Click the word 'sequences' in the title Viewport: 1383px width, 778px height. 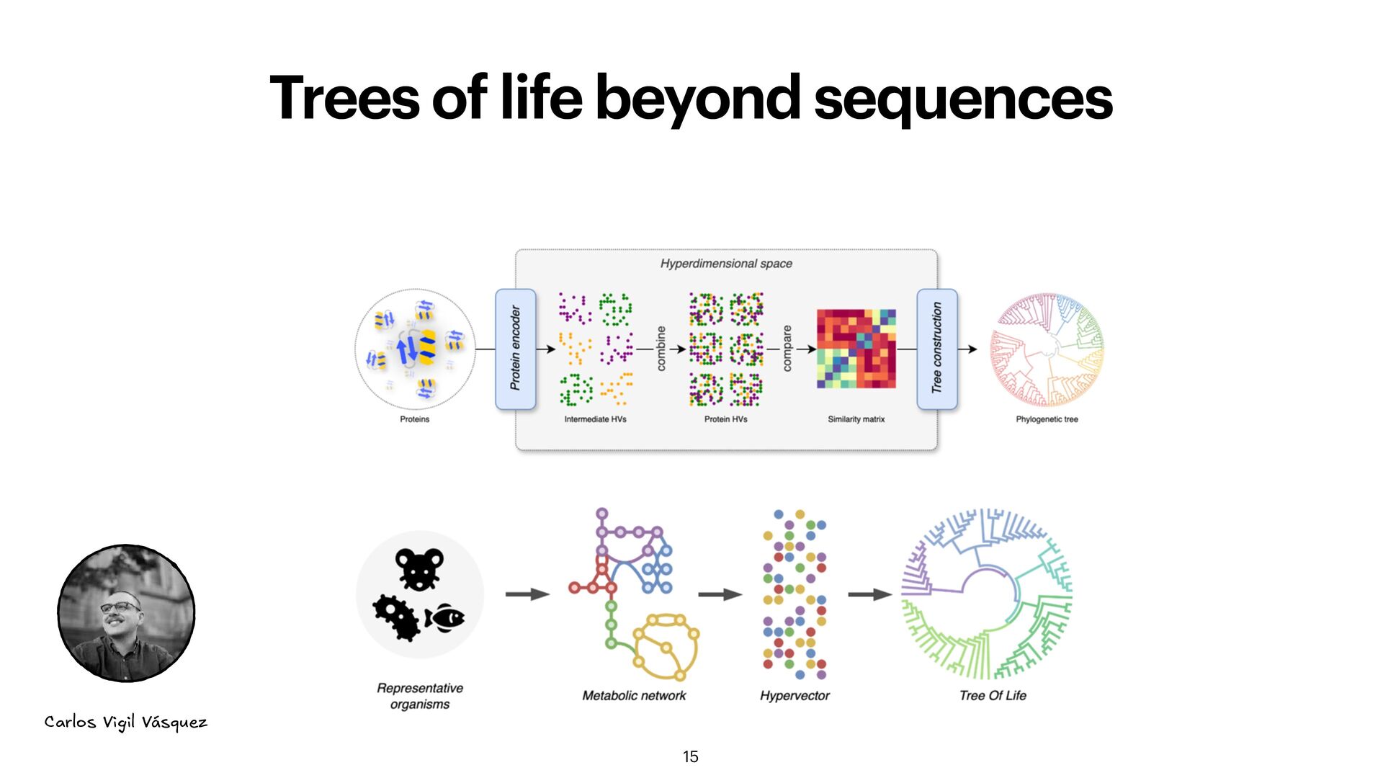pos(963,99)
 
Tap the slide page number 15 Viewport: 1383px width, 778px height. pos(690,756)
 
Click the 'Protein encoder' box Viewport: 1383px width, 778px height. pos(515,349)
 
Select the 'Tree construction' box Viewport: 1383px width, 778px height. pos(936,349)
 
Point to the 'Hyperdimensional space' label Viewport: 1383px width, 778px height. pos(726,264)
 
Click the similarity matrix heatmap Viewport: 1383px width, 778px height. pos(856,349)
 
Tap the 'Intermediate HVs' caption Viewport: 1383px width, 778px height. pos(595,419)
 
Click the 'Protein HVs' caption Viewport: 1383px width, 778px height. pos(725,419)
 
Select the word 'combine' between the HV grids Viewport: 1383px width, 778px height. pos(661,349)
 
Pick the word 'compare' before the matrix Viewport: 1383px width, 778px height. pos(787,349)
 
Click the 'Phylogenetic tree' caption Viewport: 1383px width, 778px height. pos(1047,419)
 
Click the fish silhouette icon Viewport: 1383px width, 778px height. pos(445,618)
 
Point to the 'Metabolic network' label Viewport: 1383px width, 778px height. pos(634,696)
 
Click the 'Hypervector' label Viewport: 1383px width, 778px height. pos(795,696)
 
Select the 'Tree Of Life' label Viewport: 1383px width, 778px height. pos(993,696)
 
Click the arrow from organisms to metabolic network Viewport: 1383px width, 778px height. pos(527,594)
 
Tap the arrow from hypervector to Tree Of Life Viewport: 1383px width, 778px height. pos(869,594)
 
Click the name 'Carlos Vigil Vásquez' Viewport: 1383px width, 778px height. pos(125,722)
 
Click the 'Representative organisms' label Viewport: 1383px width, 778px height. pos(420,696)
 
